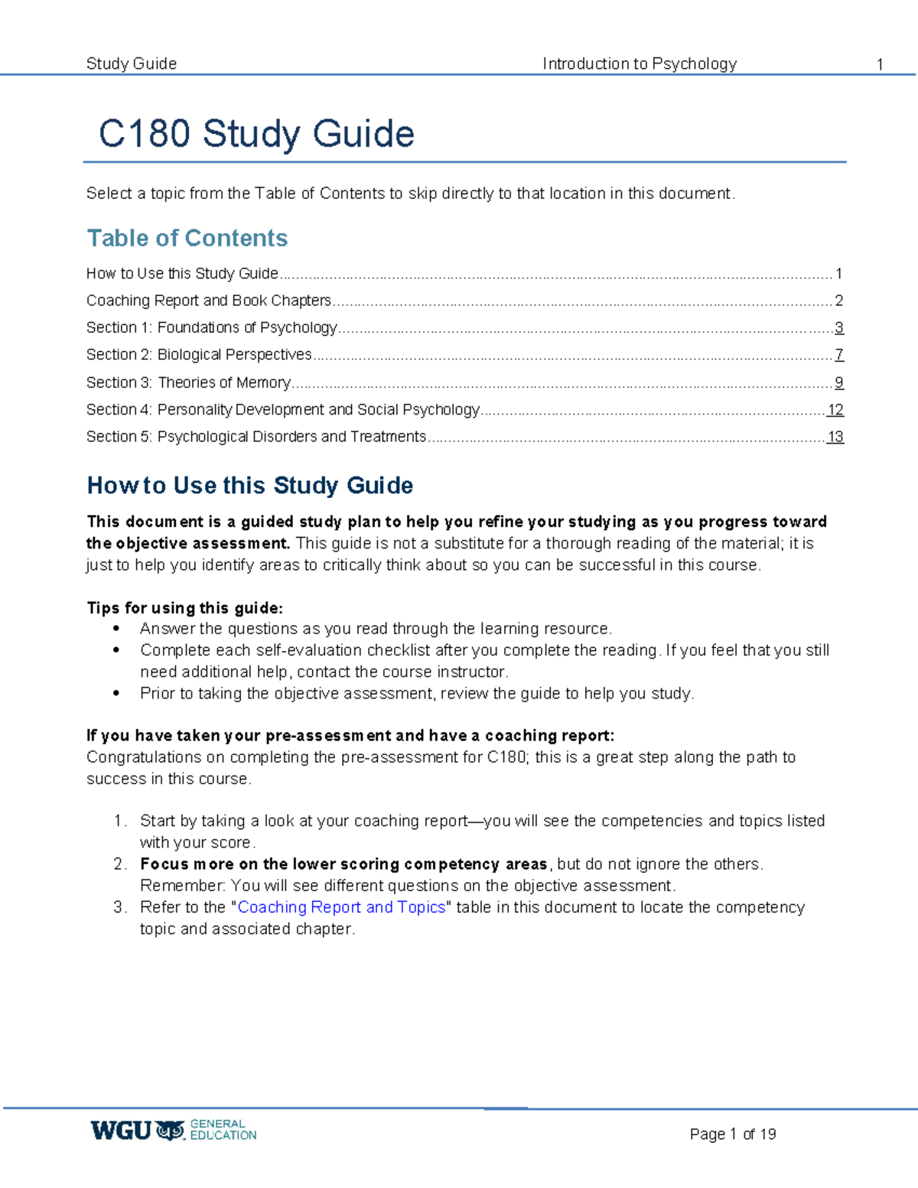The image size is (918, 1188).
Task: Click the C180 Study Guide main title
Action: coord(256,134)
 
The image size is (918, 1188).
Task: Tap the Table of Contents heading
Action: coord(187,238)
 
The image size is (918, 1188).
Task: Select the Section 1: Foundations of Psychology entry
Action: coord(212,327)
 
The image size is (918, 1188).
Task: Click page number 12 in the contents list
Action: coord(835,410)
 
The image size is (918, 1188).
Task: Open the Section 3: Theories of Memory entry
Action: coord(188,382)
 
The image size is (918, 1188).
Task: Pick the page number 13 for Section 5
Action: coord(835,437)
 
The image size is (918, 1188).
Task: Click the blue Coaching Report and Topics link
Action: coord(341,907)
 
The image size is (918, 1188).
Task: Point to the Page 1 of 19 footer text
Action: coord(732,1134)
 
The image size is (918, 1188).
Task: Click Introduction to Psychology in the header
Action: coord(640,63)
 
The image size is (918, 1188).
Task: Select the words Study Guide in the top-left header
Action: coord(132,63)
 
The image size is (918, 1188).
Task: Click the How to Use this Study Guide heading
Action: coord(250,485)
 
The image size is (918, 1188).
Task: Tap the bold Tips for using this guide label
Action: coord(184,608)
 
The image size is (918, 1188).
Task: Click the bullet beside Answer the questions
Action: coord(116,629)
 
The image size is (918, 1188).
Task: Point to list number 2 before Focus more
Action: coord(119,864)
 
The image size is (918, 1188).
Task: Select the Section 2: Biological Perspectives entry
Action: coord(199,355)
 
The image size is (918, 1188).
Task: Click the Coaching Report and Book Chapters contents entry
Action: coord(209,301)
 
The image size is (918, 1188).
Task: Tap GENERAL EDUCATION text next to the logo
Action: coord(223,1130)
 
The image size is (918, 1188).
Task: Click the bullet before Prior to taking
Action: coord(116,694)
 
